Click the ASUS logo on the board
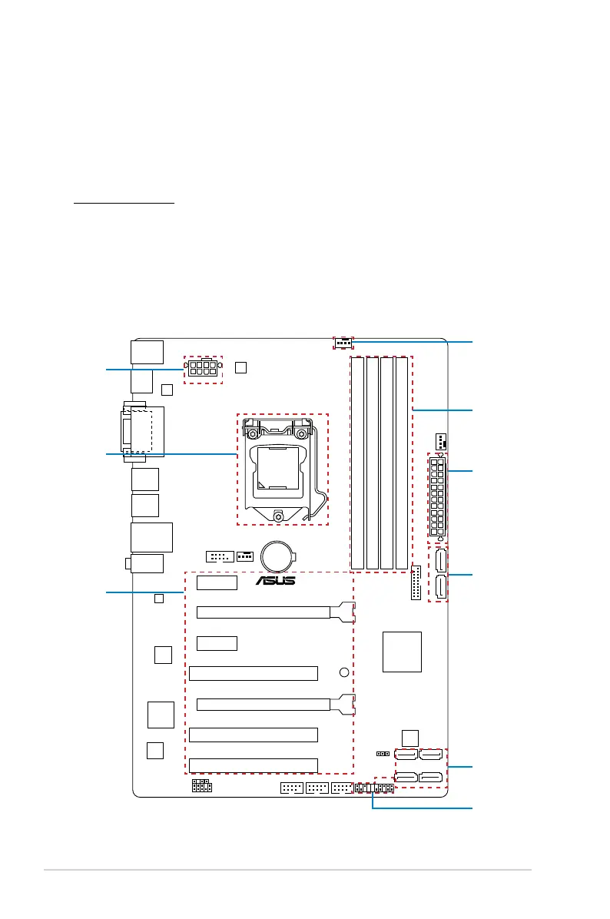275,580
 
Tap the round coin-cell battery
277,556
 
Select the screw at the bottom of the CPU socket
278,516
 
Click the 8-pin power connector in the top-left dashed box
203,369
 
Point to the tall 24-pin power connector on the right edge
437,498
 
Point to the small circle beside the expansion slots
344,672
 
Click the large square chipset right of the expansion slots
402,652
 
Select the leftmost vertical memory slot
357,463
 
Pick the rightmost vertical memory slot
401,463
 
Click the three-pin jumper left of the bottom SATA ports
383,754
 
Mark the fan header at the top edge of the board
343,343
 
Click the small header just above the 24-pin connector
441,440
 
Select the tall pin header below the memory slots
416,582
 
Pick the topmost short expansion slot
217,582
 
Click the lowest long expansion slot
253,765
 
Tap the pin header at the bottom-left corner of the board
201,786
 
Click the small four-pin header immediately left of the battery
245,556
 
